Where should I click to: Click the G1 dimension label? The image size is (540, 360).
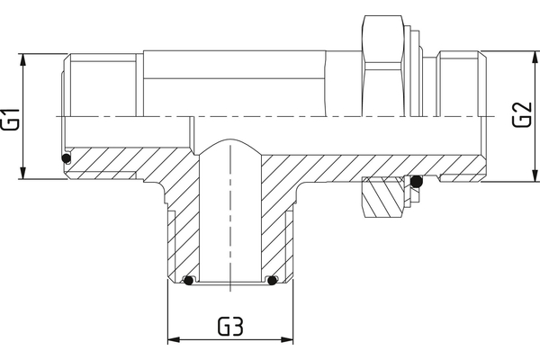click(x=10, y=118)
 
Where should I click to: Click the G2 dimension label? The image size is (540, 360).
click(x=520, y=114)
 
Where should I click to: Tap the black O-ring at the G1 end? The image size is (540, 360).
click(x=67, y=160)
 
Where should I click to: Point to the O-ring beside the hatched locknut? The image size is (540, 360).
click(x=416, y=184)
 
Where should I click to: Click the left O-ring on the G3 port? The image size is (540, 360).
click(x=188, y=280)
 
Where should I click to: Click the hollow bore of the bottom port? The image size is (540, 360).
click(x=230, y=225)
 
